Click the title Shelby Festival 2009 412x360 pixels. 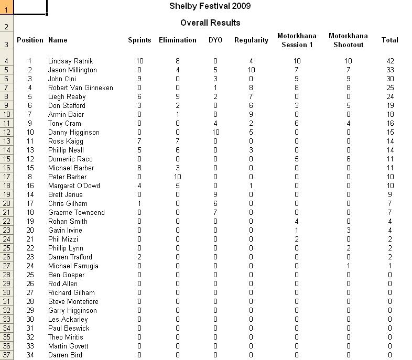coord(210,6)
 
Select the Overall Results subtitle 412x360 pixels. coord(210,23)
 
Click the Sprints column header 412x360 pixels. coord(139,40)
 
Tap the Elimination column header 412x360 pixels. coord(178,40)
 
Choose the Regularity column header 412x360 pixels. coord(251,40)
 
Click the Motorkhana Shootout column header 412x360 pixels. coord(349,40)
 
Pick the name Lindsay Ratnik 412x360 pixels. coord(70,61)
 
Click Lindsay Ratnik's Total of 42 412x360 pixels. coord(389,61)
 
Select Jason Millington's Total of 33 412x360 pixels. coord(389,70)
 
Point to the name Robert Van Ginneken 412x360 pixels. coord(80,88)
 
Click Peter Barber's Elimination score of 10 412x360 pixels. coord(178,177)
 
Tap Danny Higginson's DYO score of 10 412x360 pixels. coord(215,132)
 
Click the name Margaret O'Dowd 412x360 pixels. coord(74,186)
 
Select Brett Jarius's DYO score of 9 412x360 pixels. coord(215,194)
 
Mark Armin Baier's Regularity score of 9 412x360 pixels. coord(251,114)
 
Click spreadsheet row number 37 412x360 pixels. coord(6,355)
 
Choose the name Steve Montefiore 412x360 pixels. coord(73,301)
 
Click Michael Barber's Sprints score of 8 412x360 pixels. coord(139,168)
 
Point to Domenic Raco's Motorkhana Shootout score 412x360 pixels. coord(349,159)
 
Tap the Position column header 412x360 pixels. coord(30,40)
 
